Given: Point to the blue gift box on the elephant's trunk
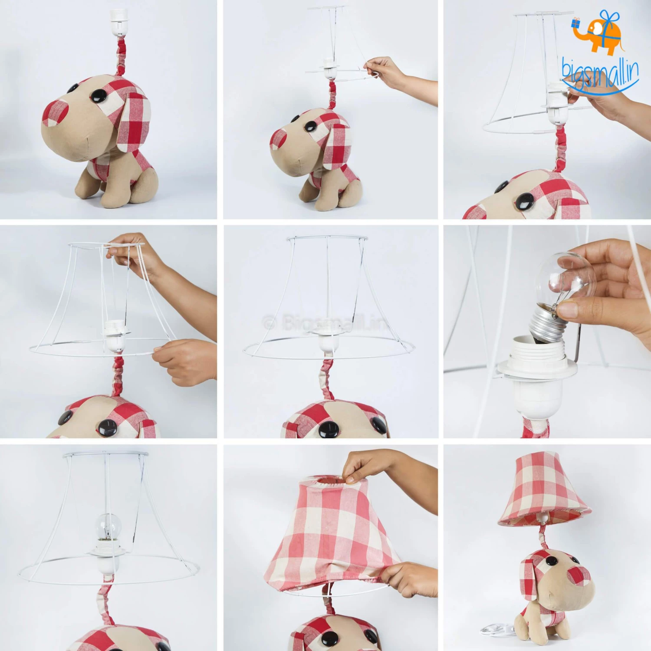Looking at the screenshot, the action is click(576, 23).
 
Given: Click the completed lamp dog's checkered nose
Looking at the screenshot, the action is click(578, 576).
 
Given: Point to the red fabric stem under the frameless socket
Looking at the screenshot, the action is click(121, 56).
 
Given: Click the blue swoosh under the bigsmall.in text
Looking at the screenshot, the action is click(601, 89).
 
